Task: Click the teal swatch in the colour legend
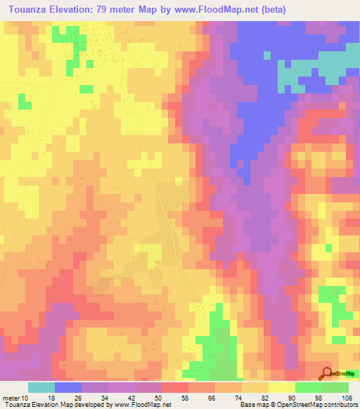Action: [41, 387]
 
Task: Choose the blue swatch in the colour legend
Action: [68, 387]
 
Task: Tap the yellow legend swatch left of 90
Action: [282, 387]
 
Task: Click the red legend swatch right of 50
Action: [175, 387]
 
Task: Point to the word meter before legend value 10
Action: [11, 398]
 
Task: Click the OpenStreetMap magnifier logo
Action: [328, 374]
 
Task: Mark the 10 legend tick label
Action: [26, 398]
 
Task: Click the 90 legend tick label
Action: [295, 398]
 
